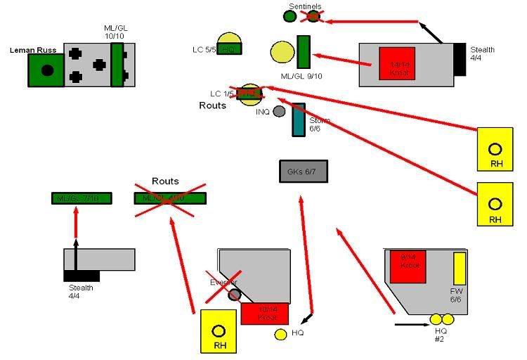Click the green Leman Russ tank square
tap(46, 70)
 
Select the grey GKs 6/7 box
tap(304, 171)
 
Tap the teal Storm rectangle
tap(299, 120)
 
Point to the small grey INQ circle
tap(279, 111)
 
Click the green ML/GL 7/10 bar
tap(81, 198)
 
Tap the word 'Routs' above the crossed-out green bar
tap(167, 181)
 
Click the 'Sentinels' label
tap(305, 6)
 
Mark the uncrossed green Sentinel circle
tap(289, 16)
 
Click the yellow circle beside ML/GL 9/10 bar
tap(282, 52)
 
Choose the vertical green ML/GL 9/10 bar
tap(304, 51)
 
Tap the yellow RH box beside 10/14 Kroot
tap(219, 331)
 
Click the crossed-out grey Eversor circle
tap(234, 294)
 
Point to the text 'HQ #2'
tap(441, 335)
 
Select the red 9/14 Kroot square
tap(409, 266)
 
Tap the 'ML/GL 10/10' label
tap(117, 32)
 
